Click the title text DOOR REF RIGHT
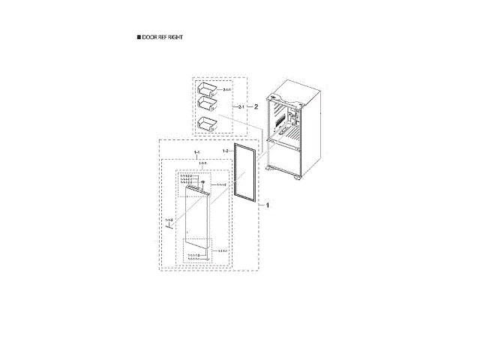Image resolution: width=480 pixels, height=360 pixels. (x=162, y=37)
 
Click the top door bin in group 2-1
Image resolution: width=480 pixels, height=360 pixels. (x=206, y=89)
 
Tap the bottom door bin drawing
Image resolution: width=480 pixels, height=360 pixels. (x=206, y=123)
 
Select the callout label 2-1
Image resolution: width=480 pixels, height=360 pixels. (x=241, y=108)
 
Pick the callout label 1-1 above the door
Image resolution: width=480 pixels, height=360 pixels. (x=197, y=153)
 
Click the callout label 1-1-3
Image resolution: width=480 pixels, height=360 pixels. (x=169, y=220)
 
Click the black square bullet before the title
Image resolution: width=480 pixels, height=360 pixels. (x=138, y=37)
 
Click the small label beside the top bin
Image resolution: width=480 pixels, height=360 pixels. (x=227, y=90)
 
